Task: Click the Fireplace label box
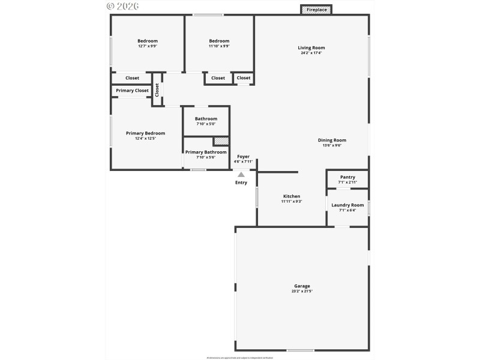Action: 316,10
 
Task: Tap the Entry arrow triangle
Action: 241,175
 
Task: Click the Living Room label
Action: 311,47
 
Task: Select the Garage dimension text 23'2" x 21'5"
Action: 302,292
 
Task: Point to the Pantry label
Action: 347,177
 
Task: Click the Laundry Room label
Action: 347,205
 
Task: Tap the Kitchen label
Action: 292,196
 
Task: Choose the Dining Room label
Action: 332,140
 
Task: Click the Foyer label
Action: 243,157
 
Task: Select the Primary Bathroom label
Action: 206,152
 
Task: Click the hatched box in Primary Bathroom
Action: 221,142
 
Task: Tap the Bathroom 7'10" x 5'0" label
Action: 206,119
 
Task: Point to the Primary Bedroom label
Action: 145,133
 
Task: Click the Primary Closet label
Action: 132,91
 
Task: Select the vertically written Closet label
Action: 157,90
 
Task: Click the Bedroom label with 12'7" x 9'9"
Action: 148,41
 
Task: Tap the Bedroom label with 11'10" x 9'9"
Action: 219,41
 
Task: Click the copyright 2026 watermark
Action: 122,6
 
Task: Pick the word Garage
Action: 302,286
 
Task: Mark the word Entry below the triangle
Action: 241,182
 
